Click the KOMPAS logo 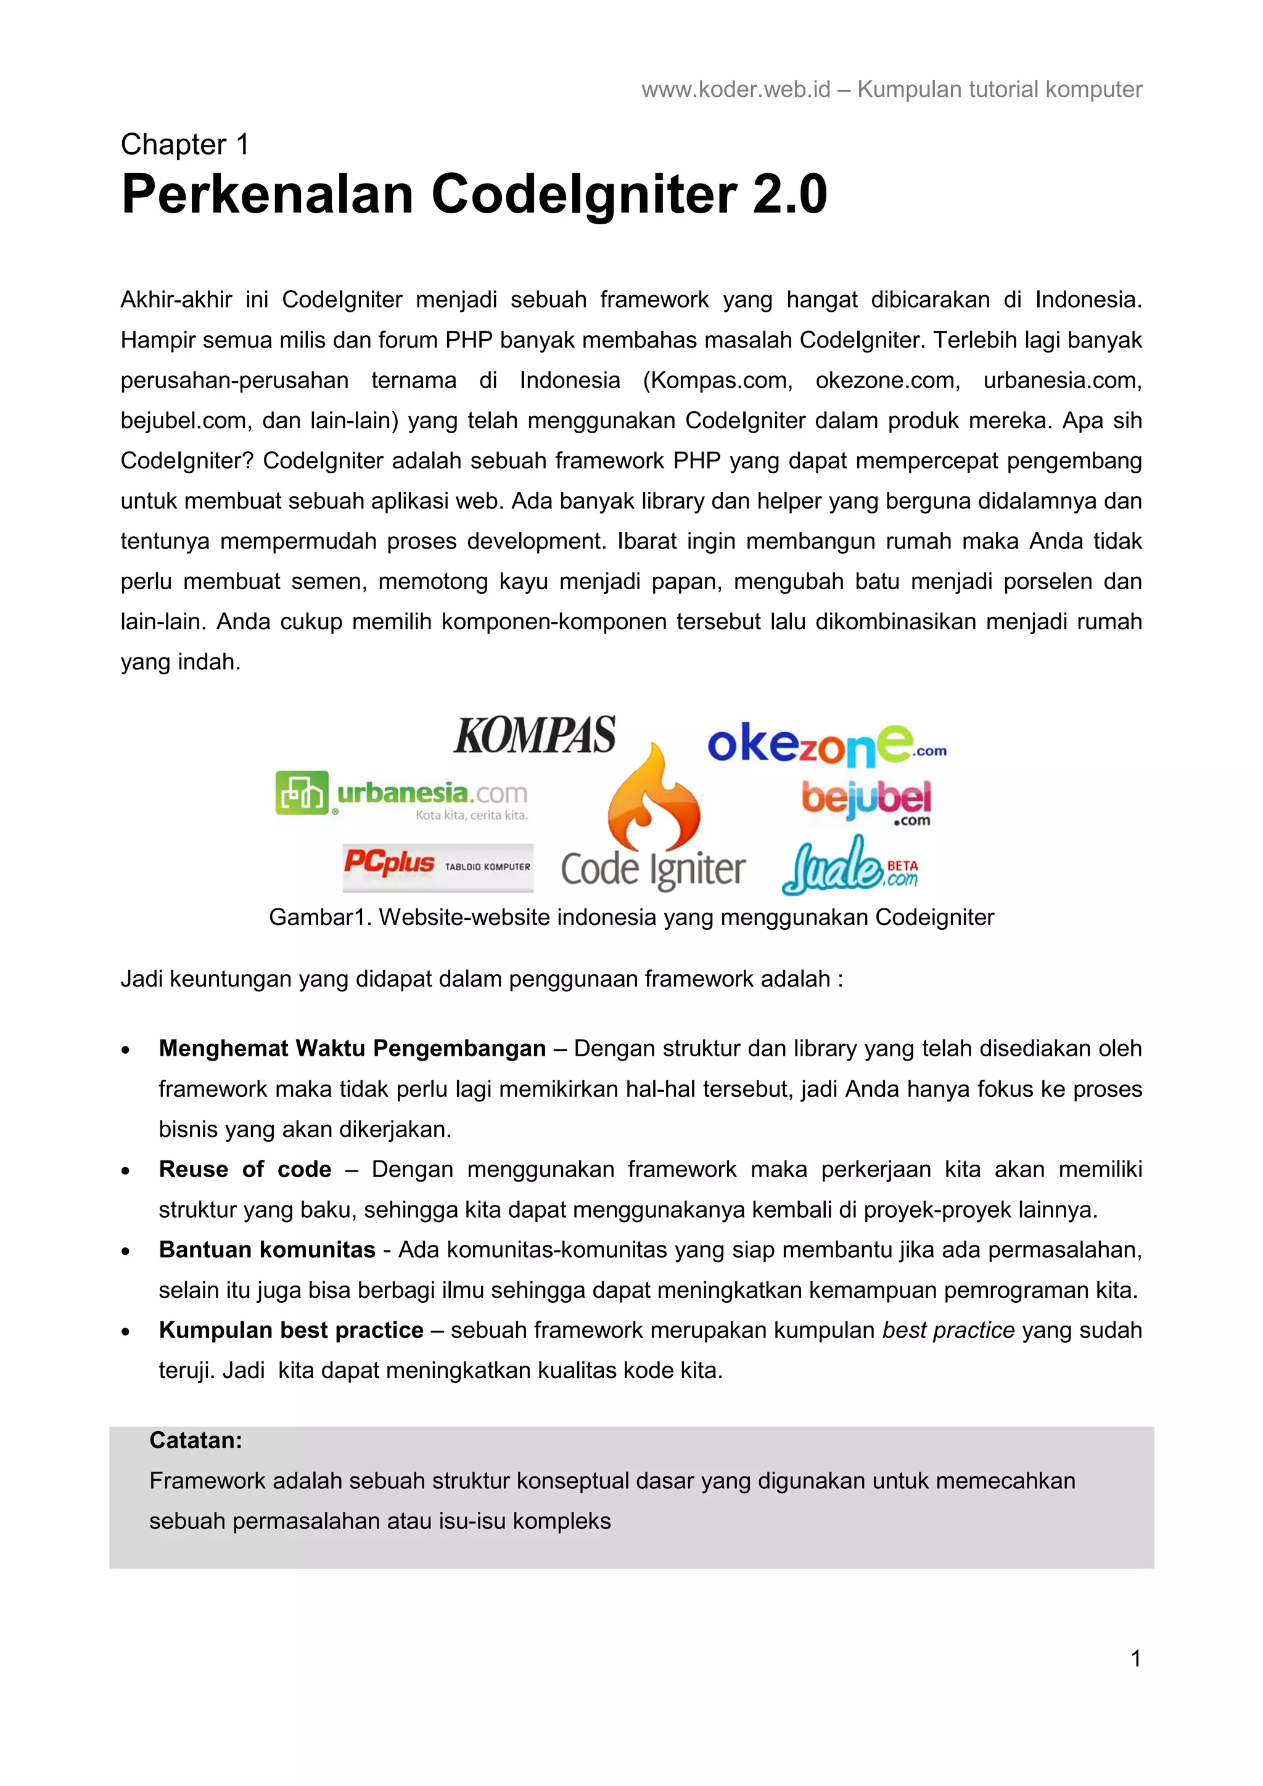point(535,735)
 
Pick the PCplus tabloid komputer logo point(437,866)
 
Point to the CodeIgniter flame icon point(654,801)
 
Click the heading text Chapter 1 point(184,145)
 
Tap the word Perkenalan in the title point(267,195)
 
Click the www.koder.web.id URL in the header point(735,89)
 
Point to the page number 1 point(1135,1658)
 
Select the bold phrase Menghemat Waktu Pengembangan point(352,1048)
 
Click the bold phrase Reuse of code point(245,1169)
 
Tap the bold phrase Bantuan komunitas point(267,1249)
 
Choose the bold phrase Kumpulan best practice point(291,1330)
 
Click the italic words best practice point(948,1330)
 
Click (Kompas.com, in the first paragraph point(717,380)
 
